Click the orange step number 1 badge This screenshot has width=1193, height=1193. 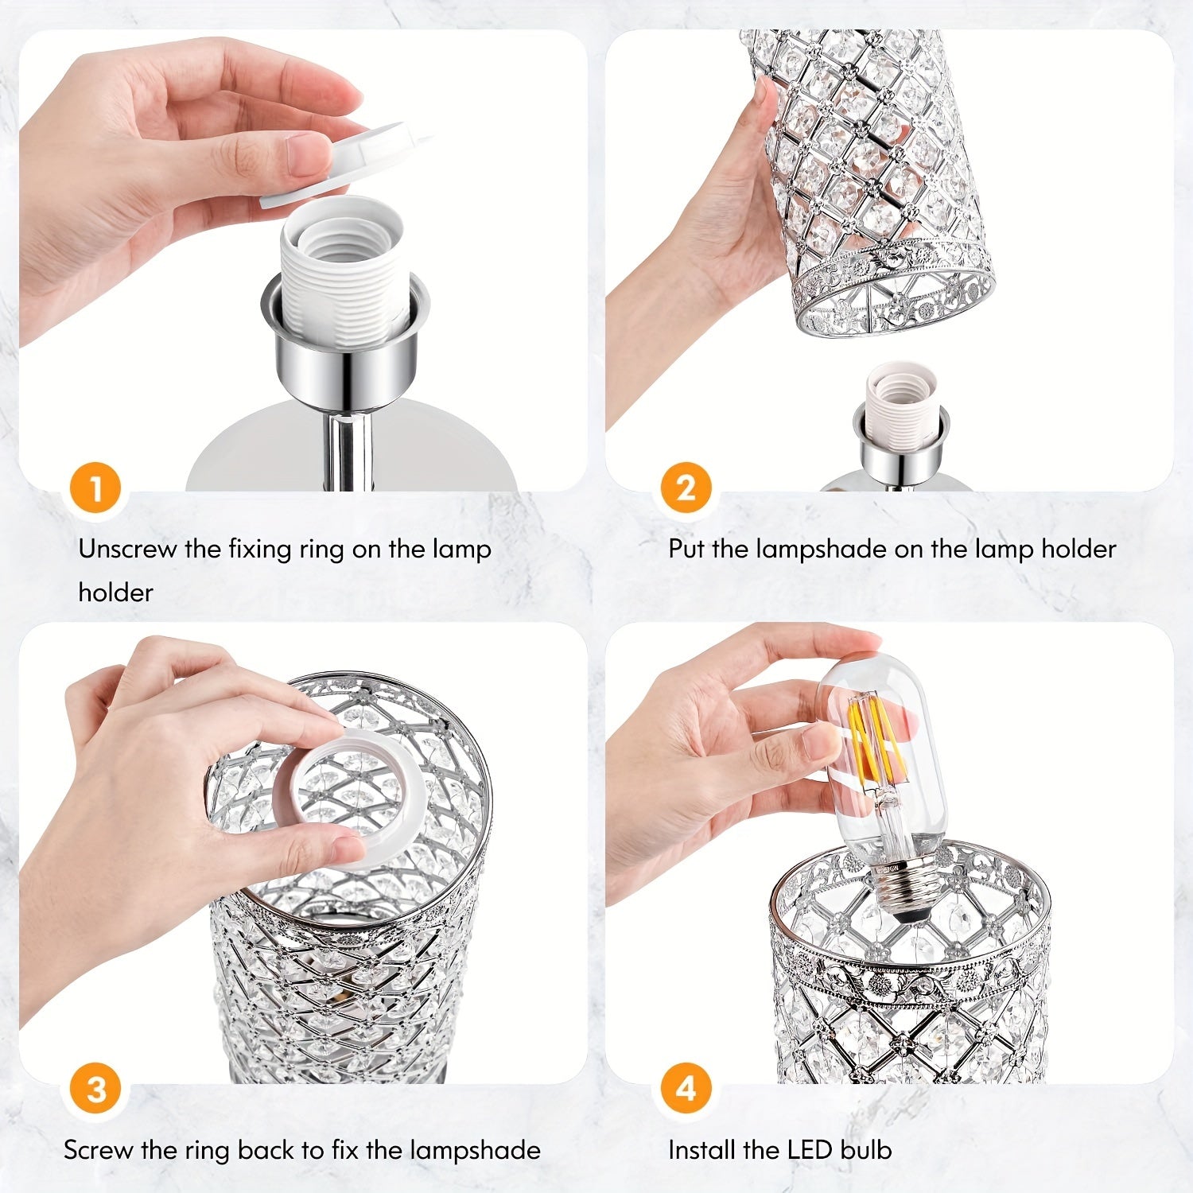(95, 488)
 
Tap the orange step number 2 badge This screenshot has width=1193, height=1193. (686, 488)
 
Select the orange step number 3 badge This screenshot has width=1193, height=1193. (95, 1089)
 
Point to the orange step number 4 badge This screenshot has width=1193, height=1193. (686, 1089)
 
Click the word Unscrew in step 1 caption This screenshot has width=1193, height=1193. (127, 549)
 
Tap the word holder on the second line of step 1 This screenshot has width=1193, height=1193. (115, 593)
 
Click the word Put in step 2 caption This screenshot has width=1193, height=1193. (686, 549)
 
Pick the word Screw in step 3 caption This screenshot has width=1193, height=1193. (99, 1150)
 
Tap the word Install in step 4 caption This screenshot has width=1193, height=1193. (702, 1150)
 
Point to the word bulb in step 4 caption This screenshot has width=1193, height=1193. (868, 1150)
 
